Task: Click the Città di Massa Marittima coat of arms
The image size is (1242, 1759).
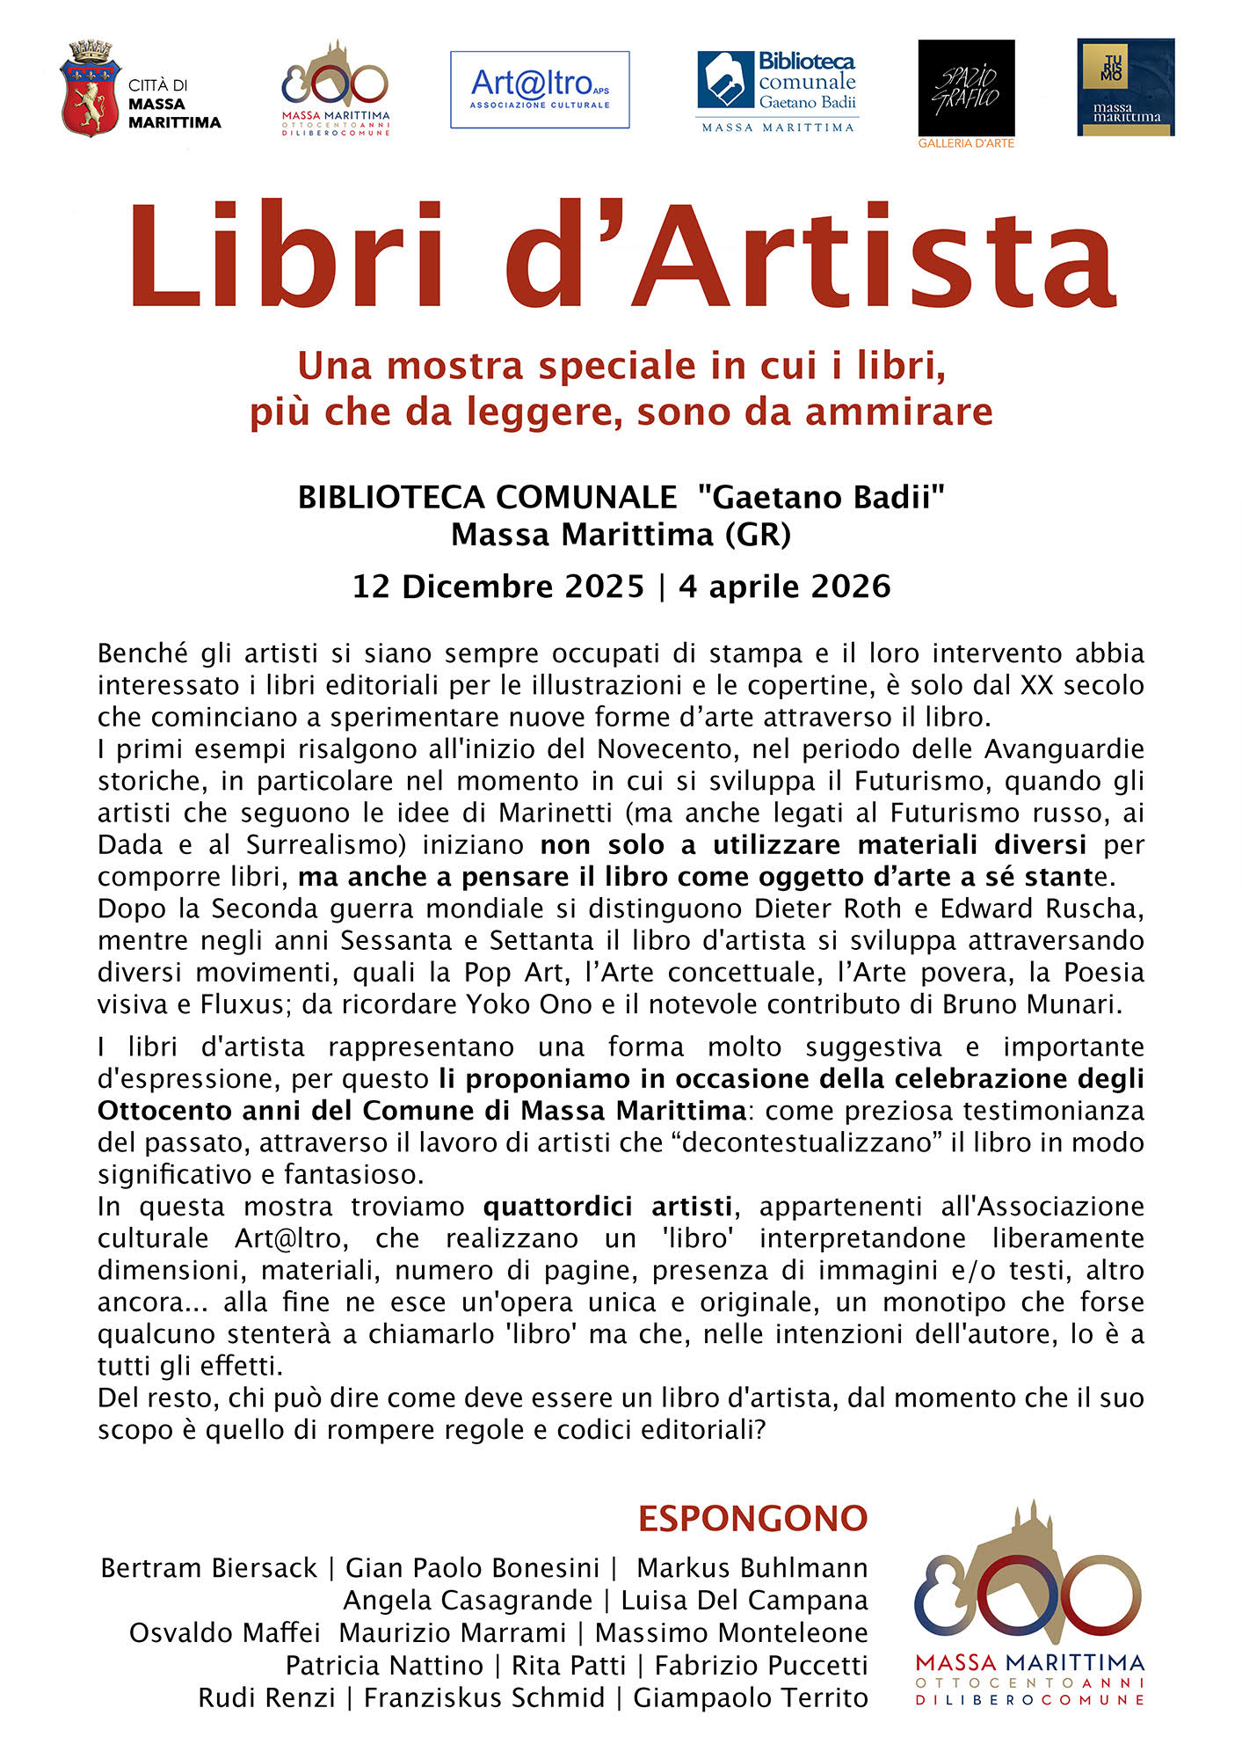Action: pyautogui.click(x=90, y=88)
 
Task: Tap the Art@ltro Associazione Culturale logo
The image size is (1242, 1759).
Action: pyautogui.click(x=540, y=90)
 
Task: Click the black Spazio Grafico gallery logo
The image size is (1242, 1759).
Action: pyautogui.click(x=966, y=88)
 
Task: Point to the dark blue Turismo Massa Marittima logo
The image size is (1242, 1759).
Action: pyautogui.click(x=1125, y=87)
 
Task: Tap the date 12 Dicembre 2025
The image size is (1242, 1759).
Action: pyautogui.click(x=498, y=587)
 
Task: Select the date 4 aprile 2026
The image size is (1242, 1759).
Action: pyautogui.click(x=784, y=587)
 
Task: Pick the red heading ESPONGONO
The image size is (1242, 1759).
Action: pyautogui.click(x=752, y=1519)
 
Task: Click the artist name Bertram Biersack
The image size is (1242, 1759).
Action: pyautogui.click(x=208, y=1568)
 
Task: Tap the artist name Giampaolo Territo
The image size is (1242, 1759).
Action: pyautogui.click(x=751, y=1697)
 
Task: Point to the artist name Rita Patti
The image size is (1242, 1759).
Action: pyautogui.click(x=569, y=1665)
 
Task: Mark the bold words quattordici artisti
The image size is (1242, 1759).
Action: pyautogui.click(x=607, y=1207)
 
